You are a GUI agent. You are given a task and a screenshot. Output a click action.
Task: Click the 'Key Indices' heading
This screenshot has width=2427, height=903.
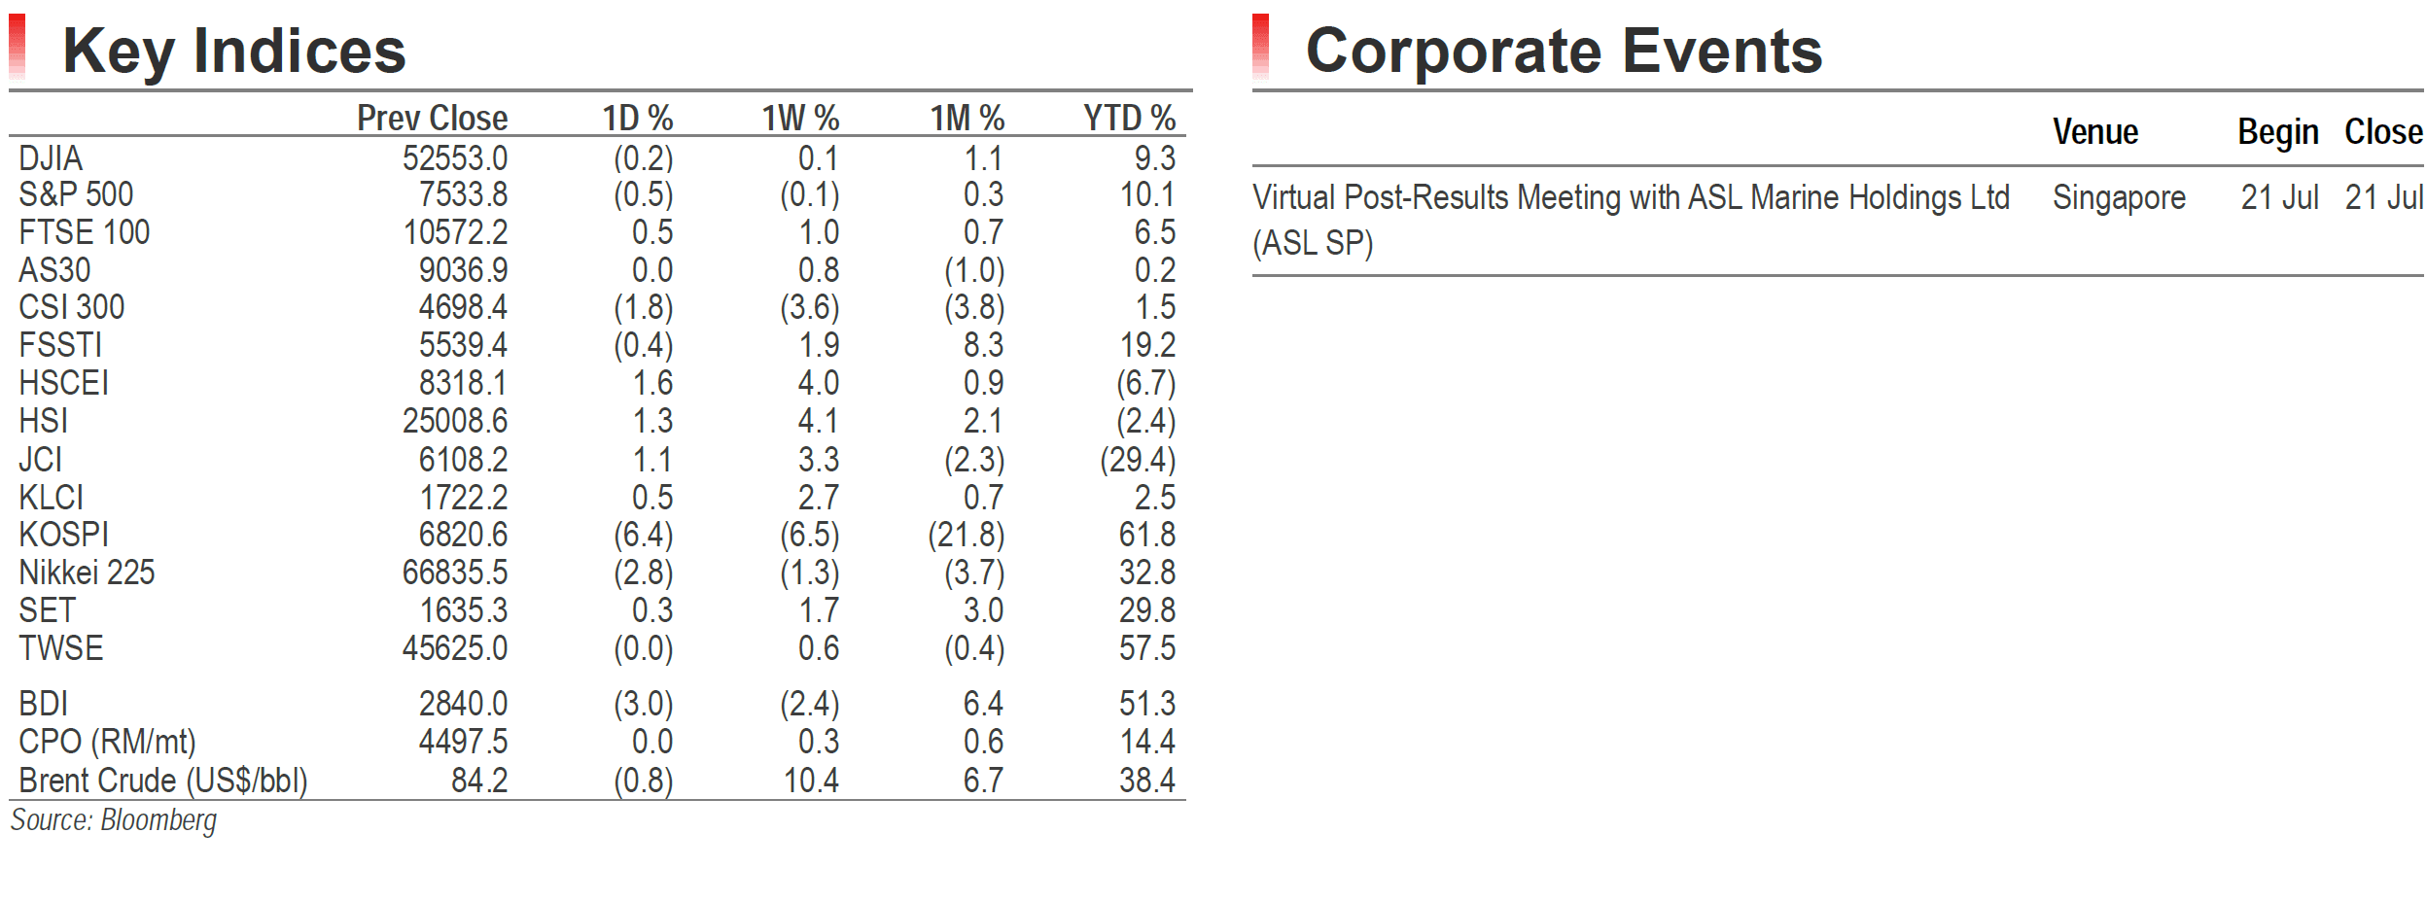click(234, 52)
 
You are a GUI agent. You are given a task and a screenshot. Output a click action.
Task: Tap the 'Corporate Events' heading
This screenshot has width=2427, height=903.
click(1564, 51)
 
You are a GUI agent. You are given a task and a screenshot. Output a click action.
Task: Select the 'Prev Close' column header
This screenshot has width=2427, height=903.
click(433, 118)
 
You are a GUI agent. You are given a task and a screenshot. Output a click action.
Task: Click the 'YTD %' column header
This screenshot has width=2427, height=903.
click(1130, 118)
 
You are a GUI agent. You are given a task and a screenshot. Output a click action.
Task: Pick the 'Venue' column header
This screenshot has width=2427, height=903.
click(2095, 131)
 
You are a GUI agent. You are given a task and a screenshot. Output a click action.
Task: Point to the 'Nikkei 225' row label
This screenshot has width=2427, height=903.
click(87, 573)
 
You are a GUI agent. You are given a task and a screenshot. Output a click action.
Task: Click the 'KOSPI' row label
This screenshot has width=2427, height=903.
click(64, 535)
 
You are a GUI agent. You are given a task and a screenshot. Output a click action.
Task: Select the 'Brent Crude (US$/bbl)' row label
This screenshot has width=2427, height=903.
click(163, 781)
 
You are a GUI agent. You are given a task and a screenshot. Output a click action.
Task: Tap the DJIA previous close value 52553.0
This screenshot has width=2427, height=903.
click(455, 157)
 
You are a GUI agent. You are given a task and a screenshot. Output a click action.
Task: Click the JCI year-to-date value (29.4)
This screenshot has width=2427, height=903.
click(1138, 460)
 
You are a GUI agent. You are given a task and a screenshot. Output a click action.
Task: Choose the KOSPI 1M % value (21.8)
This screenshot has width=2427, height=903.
click(967, 535)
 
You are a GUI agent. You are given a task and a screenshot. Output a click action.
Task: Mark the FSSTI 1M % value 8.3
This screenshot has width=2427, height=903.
click(984, 345)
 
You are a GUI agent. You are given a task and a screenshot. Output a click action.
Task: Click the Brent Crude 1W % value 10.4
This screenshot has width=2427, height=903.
click(812, 781)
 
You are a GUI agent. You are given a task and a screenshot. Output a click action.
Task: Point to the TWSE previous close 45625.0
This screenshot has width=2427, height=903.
click(455, 648)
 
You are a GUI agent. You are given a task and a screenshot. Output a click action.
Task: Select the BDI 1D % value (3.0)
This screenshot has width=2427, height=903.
click(644, 704)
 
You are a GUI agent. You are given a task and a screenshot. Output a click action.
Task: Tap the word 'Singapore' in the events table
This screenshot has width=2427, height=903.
click(2120, 198)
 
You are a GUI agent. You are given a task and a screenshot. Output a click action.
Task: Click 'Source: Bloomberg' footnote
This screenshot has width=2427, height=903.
click(114, 820)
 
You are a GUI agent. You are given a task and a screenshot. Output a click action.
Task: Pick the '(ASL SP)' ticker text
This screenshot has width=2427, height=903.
click(1313, 243)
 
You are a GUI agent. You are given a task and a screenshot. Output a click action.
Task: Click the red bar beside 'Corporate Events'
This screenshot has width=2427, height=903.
click(1261, 47)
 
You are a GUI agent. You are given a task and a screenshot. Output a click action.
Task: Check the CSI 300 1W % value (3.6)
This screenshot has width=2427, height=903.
click(810, 308)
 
